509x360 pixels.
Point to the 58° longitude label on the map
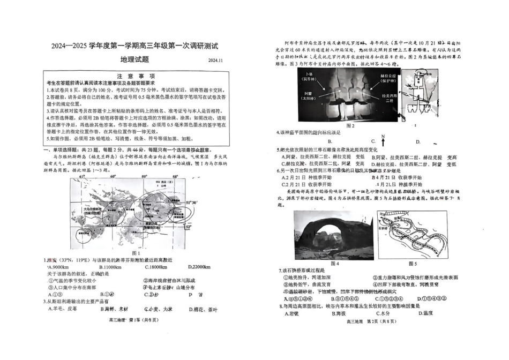tap(175, 176)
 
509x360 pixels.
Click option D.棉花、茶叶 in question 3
tap(203, 309)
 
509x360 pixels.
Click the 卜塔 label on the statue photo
tap(308, 76)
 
